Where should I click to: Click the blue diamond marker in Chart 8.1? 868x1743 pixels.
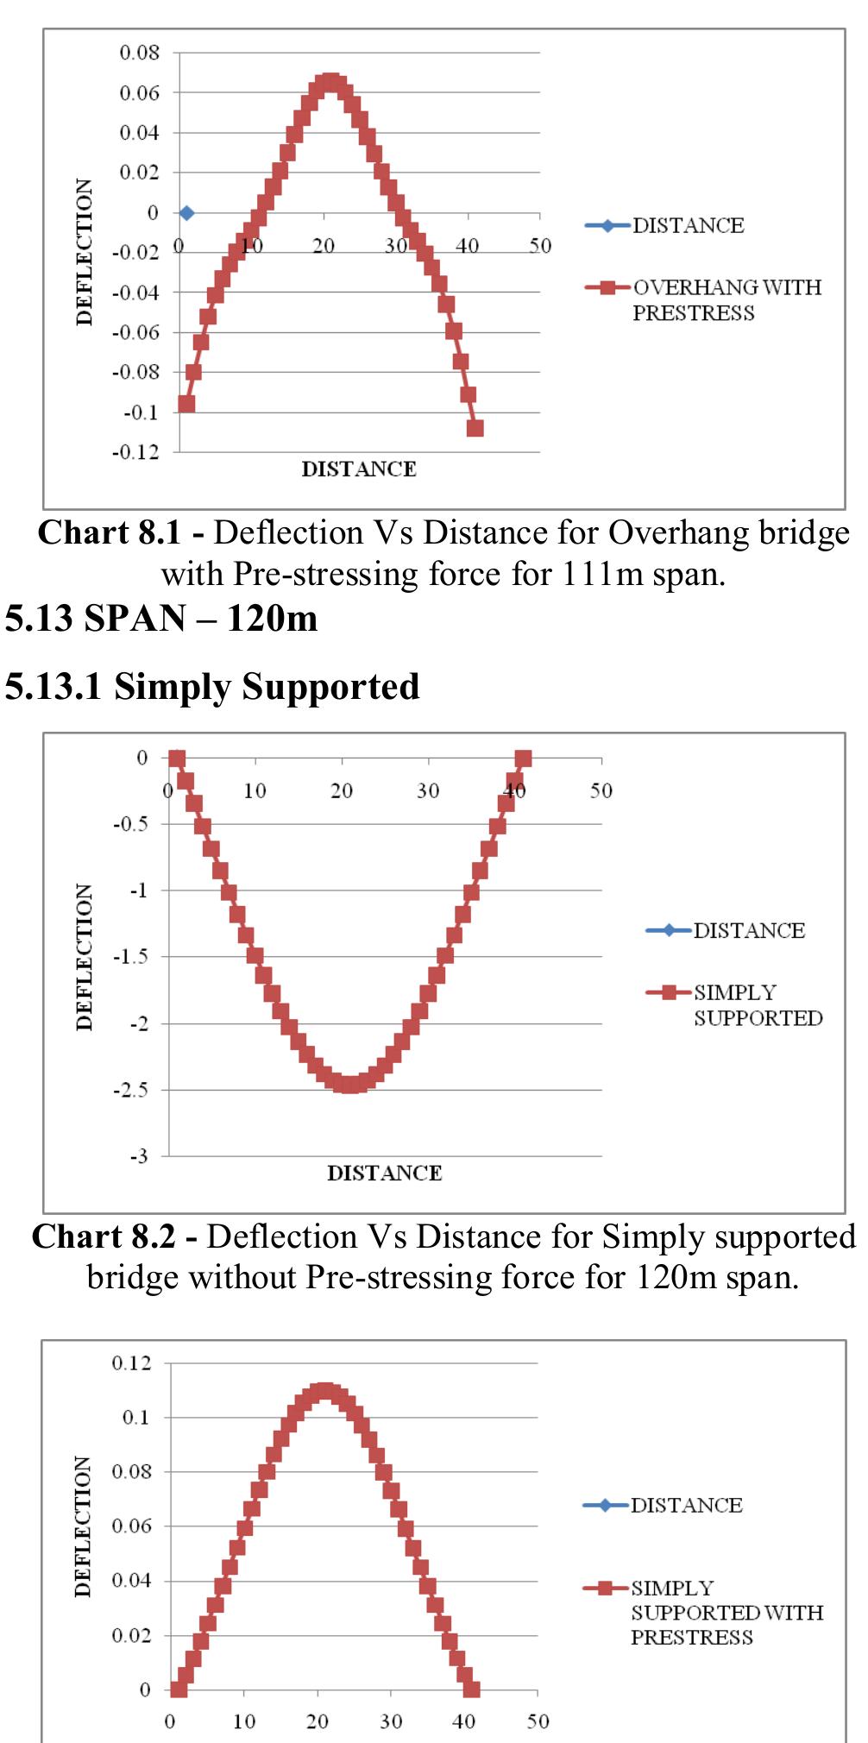186,213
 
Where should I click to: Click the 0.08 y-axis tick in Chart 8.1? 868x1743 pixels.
140,53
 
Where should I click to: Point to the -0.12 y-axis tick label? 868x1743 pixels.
135,452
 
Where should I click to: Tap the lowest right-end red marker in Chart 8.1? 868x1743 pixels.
475,428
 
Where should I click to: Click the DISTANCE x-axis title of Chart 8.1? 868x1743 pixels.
359,469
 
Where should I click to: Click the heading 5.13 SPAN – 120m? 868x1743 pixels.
161,619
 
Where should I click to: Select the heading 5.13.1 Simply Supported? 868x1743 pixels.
212,687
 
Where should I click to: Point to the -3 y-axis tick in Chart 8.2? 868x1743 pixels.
139,1156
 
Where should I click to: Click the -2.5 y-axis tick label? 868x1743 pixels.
131,1090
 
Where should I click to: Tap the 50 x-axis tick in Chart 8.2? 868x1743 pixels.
601,790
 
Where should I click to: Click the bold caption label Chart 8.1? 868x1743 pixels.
110,533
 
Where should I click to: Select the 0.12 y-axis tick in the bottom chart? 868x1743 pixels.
131,1363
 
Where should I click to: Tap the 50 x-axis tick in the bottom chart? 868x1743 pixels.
538,1722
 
